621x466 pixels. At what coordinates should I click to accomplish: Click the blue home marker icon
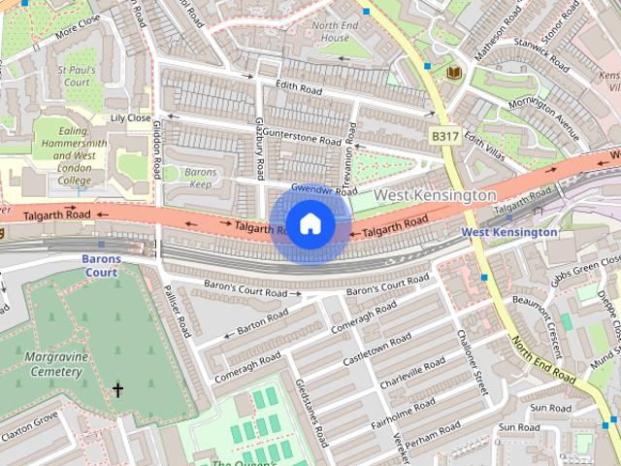point(310,224)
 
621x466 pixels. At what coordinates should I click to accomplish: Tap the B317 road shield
point(445,137)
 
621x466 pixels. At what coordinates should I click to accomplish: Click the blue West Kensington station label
point(509,232)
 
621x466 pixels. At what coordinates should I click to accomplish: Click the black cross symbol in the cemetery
point(117,390)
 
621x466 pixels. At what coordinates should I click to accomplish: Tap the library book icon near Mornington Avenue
point(452,74)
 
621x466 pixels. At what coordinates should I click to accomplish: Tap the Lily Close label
point(130,118)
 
